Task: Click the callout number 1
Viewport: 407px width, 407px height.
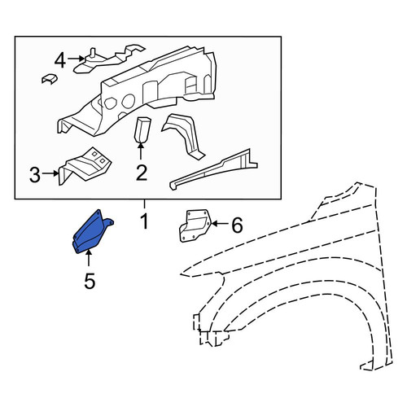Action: point(145,221)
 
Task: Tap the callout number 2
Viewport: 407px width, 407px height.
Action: point(142,173)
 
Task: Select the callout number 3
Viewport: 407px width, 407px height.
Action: point(35,174)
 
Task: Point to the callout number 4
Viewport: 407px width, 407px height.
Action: point(60,60)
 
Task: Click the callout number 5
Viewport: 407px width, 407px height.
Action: point(90,281)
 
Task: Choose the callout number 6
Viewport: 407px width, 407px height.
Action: point(237,225)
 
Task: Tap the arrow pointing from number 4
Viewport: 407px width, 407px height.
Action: point(76,59)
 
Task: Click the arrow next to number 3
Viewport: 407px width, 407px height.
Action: point(50,173)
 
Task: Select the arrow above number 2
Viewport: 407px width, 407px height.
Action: point(141,151)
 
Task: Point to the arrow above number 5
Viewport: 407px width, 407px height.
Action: point(88,258)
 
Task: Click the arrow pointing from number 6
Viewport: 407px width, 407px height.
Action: point(220,224)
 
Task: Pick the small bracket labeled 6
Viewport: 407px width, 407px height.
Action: point(195,225)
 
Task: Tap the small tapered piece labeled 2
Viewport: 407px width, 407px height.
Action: point(142,129)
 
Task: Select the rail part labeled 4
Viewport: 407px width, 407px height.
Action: point(107,59)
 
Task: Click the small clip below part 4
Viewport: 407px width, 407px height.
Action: point(50,78)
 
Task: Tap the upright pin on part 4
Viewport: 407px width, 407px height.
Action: point(93,53)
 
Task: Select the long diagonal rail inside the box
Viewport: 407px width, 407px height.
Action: point(213,169)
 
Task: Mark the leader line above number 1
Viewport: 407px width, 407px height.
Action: point(145,204)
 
